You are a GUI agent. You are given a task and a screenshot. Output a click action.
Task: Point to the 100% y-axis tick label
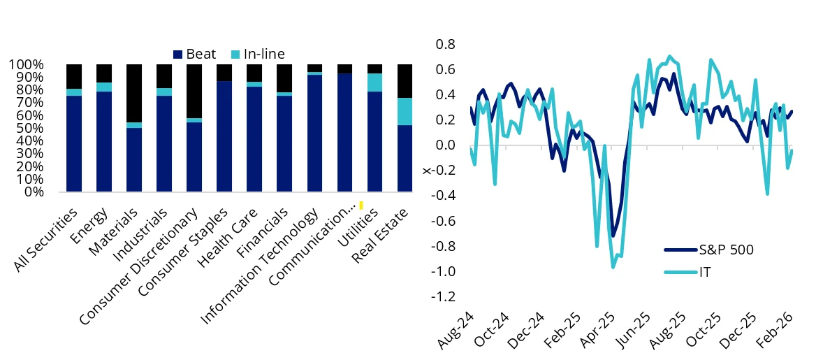(x=27, y=64)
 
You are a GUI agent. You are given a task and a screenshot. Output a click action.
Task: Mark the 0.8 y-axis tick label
(x=445, y=45)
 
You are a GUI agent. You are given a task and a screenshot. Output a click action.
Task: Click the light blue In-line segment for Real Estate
(x=405, y=111)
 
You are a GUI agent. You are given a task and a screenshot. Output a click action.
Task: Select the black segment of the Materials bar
(x=134, y=93)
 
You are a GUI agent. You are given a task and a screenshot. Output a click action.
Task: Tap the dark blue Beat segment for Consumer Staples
(x=224, y=136)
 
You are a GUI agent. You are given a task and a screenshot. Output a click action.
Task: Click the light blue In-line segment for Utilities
(x=374, y=82)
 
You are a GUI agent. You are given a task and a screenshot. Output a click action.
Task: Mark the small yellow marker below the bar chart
(x=360, y=205)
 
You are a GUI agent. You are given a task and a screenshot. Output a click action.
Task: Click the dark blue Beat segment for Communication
(x=344, y=132)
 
